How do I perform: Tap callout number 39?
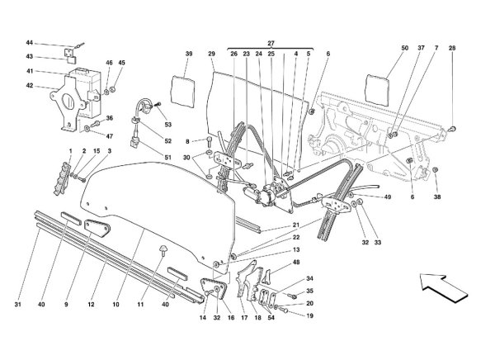tap(189, 54)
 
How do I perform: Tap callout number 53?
tap(168, 124)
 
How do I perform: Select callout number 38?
tap(438, 197)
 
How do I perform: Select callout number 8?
tap(188, 142)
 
